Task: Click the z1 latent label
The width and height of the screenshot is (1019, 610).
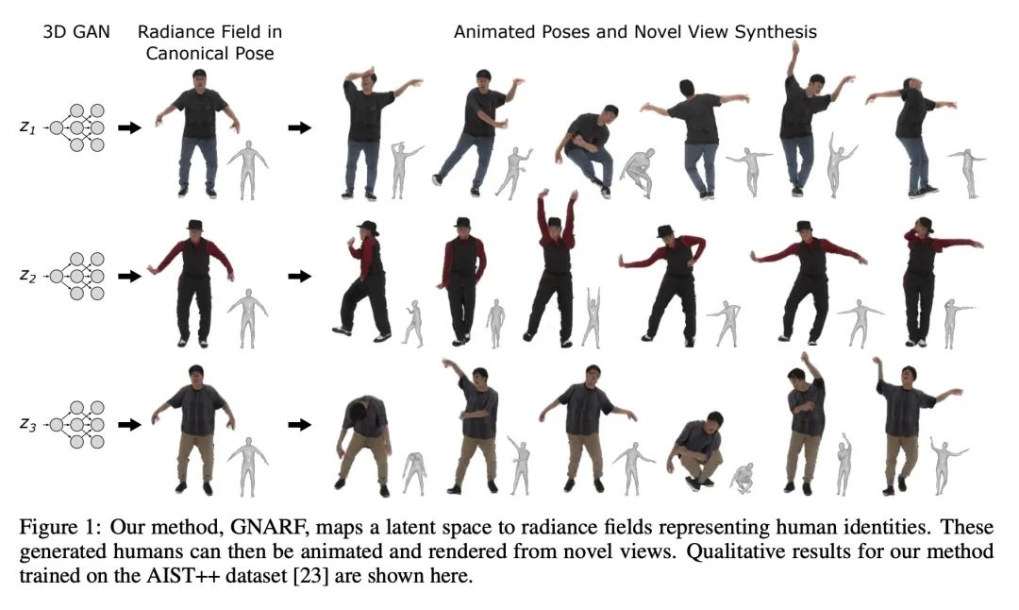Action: pyautogui.click(x=27, y=127)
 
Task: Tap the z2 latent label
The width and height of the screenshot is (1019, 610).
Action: pyautogui.click(x=27, y=276)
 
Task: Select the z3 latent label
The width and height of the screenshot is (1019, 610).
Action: pyautogui.click(x=27, y=425)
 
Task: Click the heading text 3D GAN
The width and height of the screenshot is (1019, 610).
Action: pyautogui.click(x=76, y=32)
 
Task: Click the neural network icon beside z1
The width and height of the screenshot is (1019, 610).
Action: pyautogui.click(x=78, y=127)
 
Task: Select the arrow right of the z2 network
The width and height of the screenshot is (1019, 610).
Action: pyautogui.click(x=129, y=277)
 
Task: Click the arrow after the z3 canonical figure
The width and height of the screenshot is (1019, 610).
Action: pyautogui.click(x=300, y=425)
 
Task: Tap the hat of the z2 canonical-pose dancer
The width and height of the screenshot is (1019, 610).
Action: pyautogui.click(x=194, y=226)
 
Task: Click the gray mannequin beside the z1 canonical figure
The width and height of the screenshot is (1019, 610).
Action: pyautogui.click(x=247, y=169)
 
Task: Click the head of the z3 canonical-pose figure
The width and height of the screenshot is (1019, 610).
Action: pyautogui.click(x=195, y=375)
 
